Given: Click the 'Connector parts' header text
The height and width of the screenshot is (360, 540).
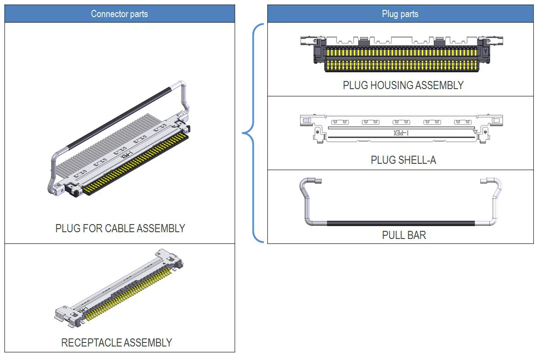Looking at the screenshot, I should coord(119,14).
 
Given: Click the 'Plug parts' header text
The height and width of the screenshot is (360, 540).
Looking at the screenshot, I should coord(400,14).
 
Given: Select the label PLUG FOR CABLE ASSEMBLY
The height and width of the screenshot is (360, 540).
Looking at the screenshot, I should coord(120,228).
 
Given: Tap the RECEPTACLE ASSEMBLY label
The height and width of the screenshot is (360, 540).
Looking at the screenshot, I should coord(117,342).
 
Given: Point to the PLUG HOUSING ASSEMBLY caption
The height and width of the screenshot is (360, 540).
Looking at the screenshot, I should coord(403,85).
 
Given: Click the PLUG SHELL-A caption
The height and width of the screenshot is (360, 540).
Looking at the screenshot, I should coord(403,160).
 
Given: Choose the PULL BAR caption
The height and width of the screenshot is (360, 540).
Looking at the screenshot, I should coord(404,234).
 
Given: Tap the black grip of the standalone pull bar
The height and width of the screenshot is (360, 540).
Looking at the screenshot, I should coord(400,223).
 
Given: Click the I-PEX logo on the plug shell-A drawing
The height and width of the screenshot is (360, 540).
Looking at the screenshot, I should coord(400,133).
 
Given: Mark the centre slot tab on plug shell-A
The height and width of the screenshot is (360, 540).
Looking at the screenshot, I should coord(401,122).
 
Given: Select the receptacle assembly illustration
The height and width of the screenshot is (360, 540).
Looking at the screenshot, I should coord(119,288).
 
